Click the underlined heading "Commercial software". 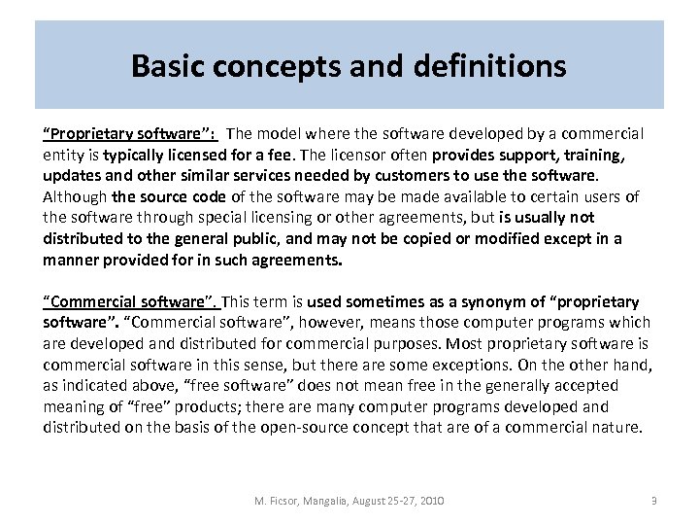point(129,301)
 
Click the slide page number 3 point(654,500)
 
